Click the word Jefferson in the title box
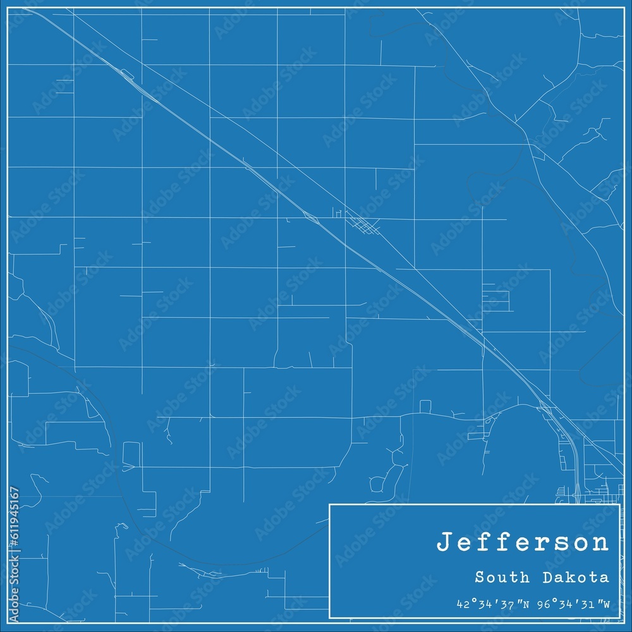(x=523, y=543)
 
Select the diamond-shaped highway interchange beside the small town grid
(x=311, y=218)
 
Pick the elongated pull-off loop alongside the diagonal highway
(x=127, y=75)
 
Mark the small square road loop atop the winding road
(x=425, y=406)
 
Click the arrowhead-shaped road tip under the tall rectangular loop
(x=128, y=468)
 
